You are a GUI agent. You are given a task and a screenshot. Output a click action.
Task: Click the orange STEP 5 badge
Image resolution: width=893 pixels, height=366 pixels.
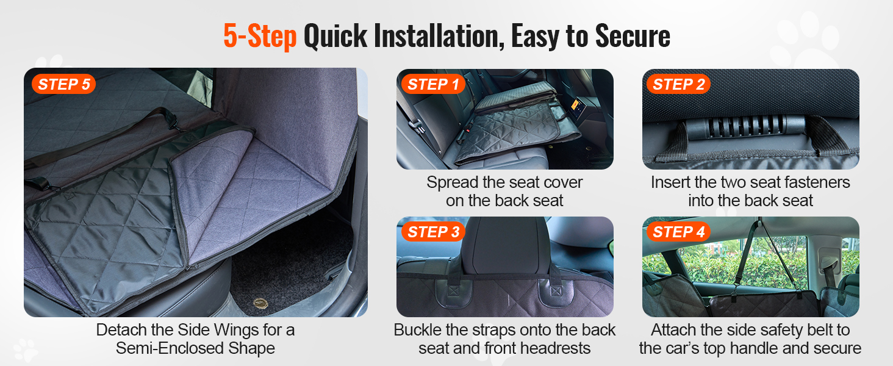pyautogui.click(x=64, y=84)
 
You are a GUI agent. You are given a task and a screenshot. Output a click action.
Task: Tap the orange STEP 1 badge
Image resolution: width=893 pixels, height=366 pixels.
pyautogui.click(x=433, y=84)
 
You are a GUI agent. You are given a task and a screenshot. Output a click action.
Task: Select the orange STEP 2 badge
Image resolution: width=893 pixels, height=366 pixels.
pyautogui.click(x=678, y=84)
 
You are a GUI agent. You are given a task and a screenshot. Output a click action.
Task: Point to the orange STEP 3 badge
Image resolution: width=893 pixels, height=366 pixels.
pyautogui.click(x=433, y=232)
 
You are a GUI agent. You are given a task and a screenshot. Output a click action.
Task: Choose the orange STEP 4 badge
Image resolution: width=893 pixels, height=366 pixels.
pyautogui.click(x=678, y=232)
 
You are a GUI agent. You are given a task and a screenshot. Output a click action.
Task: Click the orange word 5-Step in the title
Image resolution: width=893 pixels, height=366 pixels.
pyautogui.click(x=260, y=36)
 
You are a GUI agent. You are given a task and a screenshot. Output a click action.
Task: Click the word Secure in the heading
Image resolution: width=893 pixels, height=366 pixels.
pyautogui.click(x=633, y=37)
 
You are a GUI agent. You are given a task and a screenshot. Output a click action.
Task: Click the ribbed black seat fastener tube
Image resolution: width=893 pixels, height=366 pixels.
pyautogui.click(x=745, y=126)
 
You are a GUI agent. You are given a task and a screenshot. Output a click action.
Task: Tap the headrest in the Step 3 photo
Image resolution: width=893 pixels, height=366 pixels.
pyautogui.click(x=506, y=246)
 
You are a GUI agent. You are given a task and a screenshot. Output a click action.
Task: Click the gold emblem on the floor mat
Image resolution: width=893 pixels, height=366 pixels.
pyautogui.click(x=260, y=304)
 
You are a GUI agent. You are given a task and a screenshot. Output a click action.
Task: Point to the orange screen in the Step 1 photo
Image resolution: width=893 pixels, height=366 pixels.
pyautogui.click(x=576, y=106)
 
